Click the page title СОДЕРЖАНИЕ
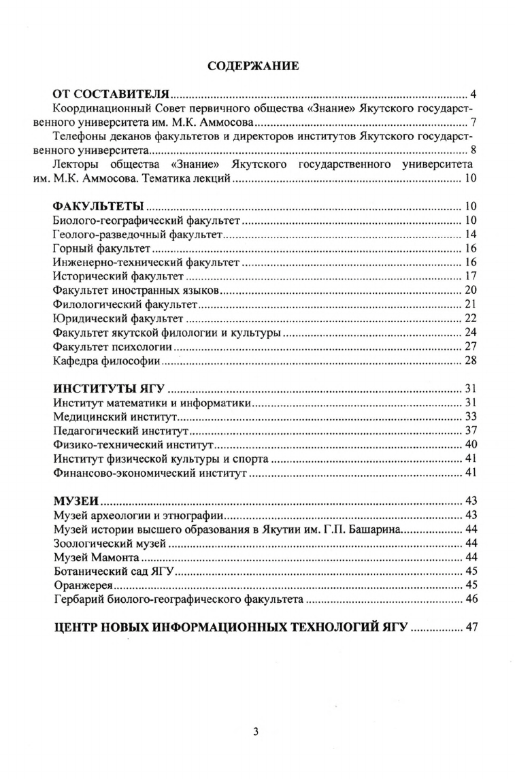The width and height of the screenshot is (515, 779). [x=252, y=67]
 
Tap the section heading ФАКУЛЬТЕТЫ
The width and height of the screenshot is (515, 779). [x=97, y=207]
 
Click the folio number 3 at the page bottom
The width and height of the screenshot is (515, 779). [x=255, y=731]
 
